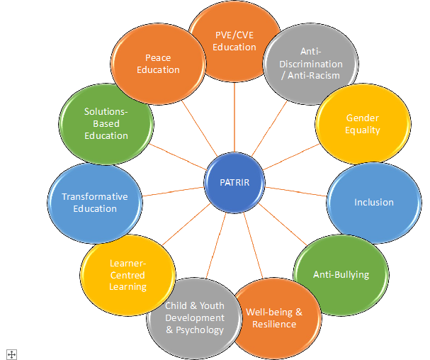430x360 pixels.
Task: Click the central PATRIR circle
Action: [234, 182]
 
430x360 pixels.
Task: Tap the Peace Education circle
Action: [158, 64]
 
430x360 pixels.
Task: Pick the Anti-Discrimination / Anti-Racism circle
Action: [311, 64]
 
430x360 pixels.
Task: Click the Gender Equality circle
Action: [363, 124]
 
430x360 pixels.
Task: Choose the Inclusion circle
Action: [374, 203]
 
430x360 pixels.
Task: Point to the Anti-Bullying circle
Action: [341, 275]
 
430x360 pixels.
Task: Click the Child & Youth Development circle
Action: [194, 318]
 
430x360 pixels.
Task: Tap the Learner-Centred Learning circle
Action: [128, 275]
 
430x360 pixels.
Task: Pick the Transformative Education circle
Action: [95, 203]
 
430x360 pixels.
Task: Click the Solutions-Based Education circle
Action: [106, 124]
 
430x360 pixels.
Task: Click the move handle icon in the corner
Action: [11, 354]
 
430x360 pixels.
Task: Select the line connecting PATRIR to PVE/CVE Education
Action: [234, 117]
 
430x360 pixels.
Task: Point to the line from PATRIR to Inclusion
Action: [296, 192]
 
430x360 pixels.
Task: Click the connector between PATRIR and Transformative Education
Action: [173, 191]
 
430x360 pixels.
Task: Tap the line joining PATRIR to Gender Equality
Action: [291, 157]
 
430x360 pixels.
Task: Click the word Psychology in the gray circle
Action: [199, 330]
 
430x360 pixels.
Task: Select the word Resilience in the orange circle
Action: [274, 325]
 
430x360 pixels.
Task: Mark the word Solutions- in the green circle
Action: [106, 112]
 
